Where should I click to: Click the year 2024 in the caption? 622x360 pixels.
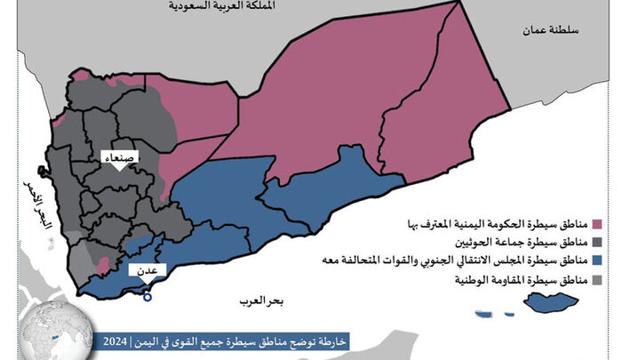coord(113,342)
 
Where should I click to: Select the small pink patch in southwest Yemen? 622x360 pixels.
coord(102,264)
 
